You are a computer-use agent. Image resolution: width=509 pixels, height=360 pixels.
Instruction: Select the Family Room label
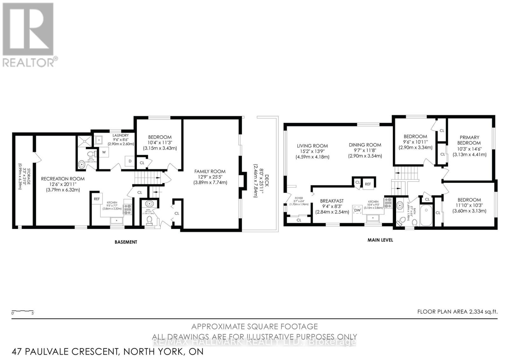210,171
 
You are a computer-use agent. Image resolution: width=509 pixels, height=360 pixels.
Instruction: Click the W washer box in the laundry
104,152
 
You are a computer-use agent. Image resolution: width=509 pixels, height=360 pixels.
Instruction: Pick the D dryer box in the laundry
130,161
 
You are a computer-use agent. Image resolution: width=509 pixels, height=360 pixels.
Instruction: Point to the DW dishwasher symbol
358,210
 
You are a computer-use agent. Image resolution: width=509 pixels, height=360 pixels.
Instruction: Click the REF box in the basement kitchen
97,199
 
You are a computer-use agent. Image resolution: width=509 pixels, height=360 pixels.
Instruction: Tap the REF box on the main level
368,184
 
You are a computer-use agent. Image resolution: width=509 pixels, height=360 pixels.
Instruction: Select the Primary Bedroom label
469,140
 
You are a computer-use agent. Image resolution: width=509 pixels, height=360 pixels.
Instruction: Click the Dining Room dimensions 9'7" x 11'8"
365,151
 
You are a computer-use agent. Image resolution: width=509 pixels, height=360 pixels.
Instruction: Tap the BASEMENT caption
126,242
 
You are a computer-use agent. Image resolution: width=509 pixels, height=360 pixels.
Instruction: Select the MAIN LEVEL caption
380,240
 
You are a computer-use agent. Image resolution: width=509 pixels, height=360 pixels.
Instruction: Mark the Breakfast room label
331,201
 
